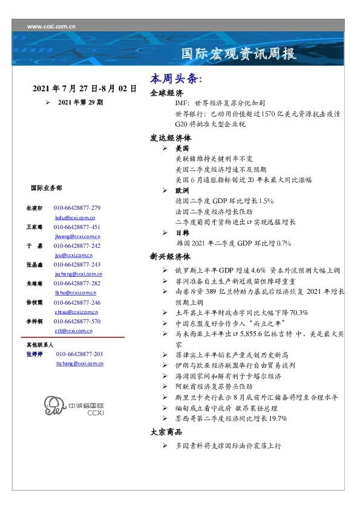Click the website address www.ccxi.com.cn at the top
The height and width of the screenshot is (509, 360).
(52, 26)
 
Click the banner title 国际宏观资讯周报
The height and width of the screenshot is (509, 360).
(240, 54)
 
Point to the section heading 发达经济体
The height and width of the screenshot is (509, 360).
(171, 137)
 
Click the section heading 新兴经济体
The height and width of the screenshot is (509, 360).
(171, 256)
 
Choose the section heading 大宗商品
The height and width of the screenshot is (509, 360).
(166, 432)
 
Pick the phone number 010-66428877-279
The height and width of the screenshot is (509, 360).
(77, 207)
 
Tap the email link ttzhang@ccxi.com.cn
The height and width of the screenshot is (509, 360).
(79, 363)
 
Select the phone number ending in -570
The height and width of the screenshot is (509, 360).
(77, 322)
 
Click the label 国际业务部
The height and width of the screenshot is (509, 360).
(45, 188)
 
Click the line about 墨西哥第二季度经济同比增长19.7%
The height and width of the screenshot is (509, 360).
(231, 418)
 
